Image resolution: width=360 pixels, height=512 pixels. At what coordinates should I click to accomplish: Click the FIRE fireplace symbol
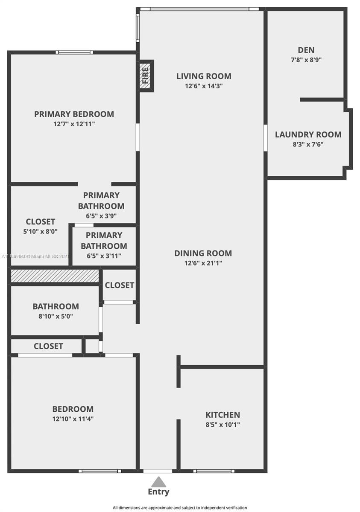(146, 76)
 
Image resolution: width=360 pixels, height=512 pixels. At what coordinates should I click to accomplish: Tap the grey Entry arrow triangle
(158, 482)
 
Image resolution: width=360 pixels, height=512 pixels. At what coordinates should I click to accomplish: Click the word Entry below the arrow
(158, 492)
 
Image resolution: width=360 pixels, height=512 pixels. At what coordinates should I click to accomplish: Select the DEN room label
(306, 50)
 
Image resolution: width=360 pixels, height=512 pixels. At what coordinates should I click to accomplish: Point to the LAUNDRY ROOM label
(308, 135)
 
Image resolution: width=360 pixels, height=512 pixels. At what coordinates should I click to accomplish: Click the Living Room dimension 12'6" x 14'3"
(204, 86)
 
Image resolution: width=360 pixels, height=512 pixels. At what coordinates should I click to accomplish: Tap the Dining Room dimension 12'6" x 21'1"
(203, 263)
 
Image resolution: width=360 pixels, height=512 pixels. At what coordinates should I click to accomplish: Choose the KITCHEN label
(223, 415)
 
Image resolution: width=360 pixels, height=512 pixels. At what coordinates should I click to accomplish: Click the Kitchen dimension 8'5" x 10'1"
(223, 425)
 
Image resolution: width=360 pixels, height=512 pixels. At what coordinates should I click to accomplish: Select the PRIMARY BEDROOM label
(74, 114)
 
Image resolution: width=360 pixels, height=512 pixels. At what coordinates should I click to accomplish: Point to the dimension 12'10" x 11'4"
(73, 419)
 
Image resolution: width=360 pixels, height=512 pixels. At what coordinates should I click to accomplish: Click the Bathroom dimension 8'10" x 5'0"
(56, 316)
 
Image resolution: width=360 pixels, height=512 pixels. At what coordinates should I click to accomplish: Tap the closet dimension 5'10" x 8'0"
(40, 232)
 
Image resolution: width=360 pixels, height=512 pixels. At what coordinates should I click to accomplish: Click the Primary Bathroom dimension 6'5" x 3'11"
(104, 256)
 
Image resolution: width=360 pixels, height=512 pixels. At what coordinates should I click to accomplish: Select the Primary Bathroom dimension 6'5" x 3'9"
(101, 216)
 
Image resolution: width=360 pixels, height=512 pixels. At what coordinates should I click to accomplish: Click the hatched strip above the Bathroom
(55, 276)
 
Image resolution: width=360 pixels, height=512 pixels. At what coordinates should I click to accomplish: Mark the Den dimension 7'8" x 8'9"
(306, 60)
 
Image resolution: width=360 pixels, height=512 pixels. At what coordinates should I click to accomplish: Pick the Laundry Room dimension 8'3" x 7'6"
(308, 145)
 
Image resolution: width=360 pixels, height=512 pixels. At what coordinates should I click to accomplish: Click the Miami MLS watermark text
(35, 256)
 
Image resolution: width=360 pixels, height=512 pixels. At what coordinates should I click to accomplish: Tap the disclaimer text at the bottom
(180, 508)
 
